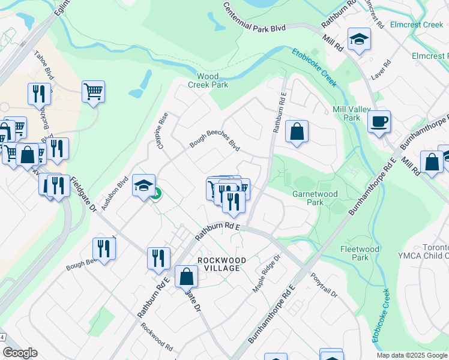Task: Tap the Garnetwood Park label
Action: (x=315, y=198)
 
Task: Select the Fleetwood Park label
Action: (x=360, y=253)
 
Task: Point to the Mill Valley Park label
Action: (x=346, y=113)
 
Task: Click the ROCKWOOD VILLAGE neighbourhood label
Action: (x=218, y=264)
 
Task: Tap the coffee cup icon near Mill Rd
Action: (x=379, y=122)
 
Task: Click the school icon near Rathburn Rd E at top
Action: (x=359, y=40)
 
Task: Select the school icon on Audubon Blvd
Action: (x=144, y=185)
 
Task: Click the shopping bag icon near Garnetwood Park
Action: (x=297, y=132)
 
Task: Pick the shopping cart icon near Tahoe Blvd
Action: (x=93, y=92)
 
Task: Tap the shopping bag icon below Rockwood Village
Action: (x=187, y=277)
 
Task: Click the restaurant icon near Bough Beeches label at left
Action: (x=104, y=249)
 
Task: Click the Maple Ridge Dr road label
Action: (x=267, y=272)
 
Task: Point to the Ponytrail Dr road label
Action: (x=324, y=286)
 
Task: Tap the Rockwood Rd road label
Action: (x=157, y=338)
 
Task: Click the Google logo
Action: (x=20, y=353)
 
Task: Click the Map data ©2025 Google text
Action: (x=412, y=355)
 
